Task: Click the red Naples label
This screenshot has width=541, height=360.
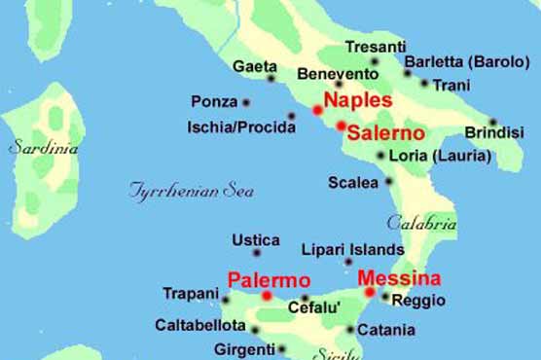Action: coord(357,100)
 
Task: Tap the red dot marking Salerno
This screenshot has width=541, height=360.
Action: coord(341,126)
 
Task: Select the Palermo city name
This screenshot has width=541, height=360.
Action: coord(261,280)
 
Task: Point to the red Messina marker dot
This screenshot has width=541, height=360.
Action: coord(370,292)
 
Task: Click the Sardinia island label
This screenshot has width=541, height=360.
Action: coord(43,149)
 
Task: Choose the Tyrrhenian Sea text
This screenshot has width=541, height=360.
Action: coord(192,191)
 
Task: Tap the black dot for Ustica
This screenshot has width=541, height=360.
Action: coord(257,253)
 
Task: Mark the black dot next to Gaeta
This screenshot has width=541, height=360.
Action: coord(271,78)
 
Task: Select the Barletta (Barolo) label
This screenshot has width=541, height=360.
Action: coord(465,61)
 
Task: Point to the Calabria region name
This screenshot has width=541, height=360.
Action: coord(421,222)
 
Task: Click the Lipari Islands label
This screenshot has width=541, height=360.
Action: coord(353,249)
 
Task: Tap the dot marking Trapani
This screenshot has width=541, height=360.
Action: coord(226,301)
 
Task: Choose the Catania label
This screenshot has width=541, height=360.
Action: coord(386,331)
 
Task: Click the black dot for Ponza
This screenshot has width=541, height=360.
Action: coord(246,102)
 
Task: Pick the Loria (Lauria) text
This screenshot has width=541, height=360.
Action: coord(433,155)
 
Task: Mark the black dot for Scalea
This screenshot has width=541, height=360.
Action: coord(389,181)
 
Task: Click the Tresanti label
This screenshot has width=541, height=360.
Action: coord(376,46)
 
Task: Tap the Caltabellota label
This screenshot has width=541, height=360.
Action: coord(200,326)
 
